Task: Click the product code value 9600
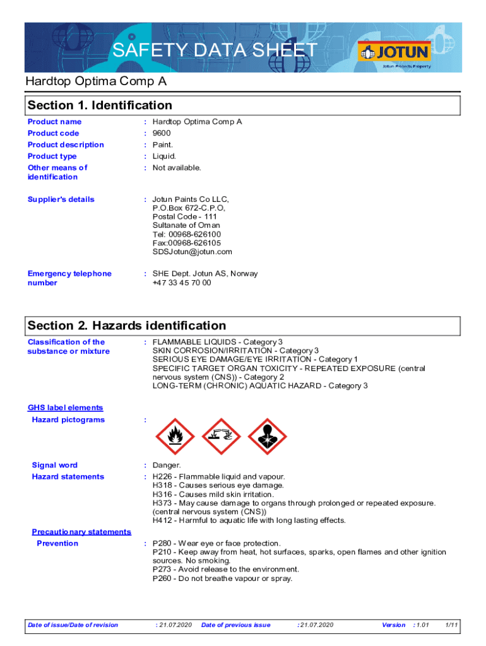point(162,133)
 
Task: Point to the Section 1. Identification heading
point(100,105)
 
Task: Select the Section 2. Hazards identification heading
point(127,326)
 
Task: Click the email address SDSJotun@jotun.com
point(192,252)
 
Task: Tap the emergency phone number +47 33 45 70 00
point(182,283)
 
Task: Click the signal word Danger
point(167,466)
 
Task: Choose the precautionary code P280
point(163,543)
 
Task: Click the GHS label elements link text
point(66,408)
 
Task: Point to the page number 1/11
point(451,625)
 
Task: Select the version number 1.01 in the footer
point(422,625)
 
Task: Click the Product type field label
point(52,156)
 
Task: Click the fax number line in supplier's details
point(187,243)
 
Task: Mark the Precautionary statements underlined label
point(82,532)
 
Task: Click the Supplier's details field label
point(61,199)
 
